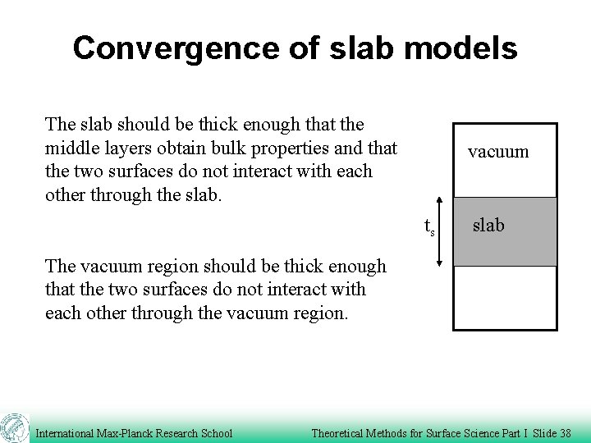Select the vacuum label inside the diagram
(498, 151)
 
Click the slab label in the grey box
(488, 225)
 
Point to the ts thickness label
(428, 226)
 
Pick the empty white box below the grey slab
(505, 298)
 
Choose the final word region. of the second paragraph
(320, 313)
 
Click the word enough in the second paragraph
(355, 267)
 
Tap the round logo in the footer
(14, 428)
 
